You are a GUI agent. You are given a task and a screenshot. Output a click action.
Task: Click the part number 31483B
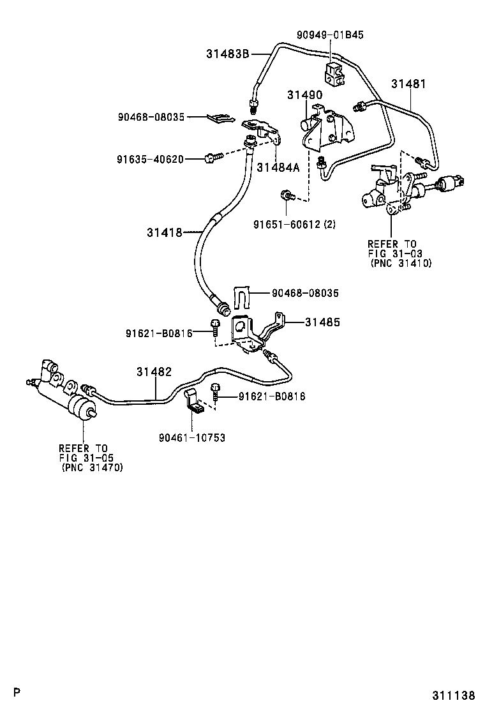click(227, 54)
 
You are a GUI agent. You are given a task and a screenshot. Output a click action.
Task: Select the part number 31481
click(408, 84)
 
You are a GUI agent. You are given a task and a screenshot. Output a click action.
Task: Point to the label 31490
click(304, 95)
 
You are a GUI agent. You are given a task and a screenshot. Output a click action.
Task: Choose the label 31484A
click(278, 168)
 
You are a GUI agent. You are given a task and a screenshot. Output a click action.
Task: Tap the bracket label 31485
click(322, 323)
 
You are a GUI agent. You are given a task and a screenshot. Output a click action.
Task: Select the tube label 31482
click(154, 372)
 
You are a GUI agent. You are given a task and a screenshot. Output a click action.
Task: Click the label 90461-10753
click(192, 437)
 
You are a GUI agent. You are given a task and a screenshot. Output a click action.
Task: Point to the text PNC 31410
click(401, 263)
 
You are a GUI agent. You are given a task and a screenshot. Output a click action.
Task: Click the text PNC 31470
click(93, 467)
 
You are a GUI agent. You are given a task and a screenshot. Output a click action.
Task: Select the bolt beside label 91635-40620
click(212, 156)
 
